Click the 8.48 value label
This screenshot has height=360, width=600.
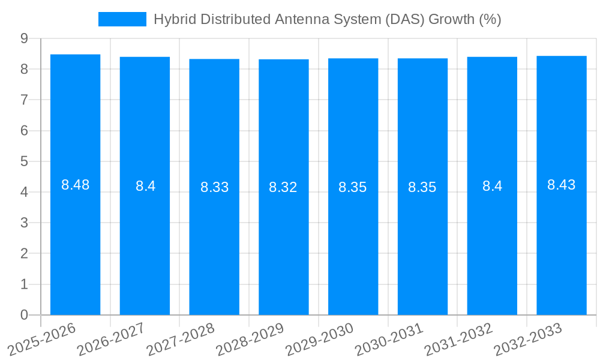coord(75,185)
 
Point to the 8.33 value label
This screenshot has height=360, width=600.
coord(214,187)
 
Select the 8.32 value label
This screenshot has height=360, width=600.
coord(283,187)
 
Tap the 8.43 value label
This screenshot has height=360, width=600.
coord(562,185)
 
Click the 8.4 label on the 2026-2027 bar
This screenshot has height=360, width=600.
coord(145,186)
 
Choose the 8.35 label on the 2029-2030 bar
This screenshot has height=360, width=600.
coord(353,187)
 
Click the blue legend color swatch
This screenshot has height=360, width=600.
coord(122,19)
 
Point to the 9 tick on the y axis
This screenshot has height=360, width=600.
coord(24,38)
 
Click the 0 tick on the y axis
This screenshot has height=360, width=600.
coord(24,315)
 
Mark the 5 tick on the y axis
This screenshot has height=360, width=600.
coord(24,161)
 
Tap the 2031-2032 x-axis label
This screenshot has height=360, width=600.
coord(458,339)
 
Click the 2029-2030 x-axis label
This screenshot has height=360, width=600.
coord(319,339)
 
